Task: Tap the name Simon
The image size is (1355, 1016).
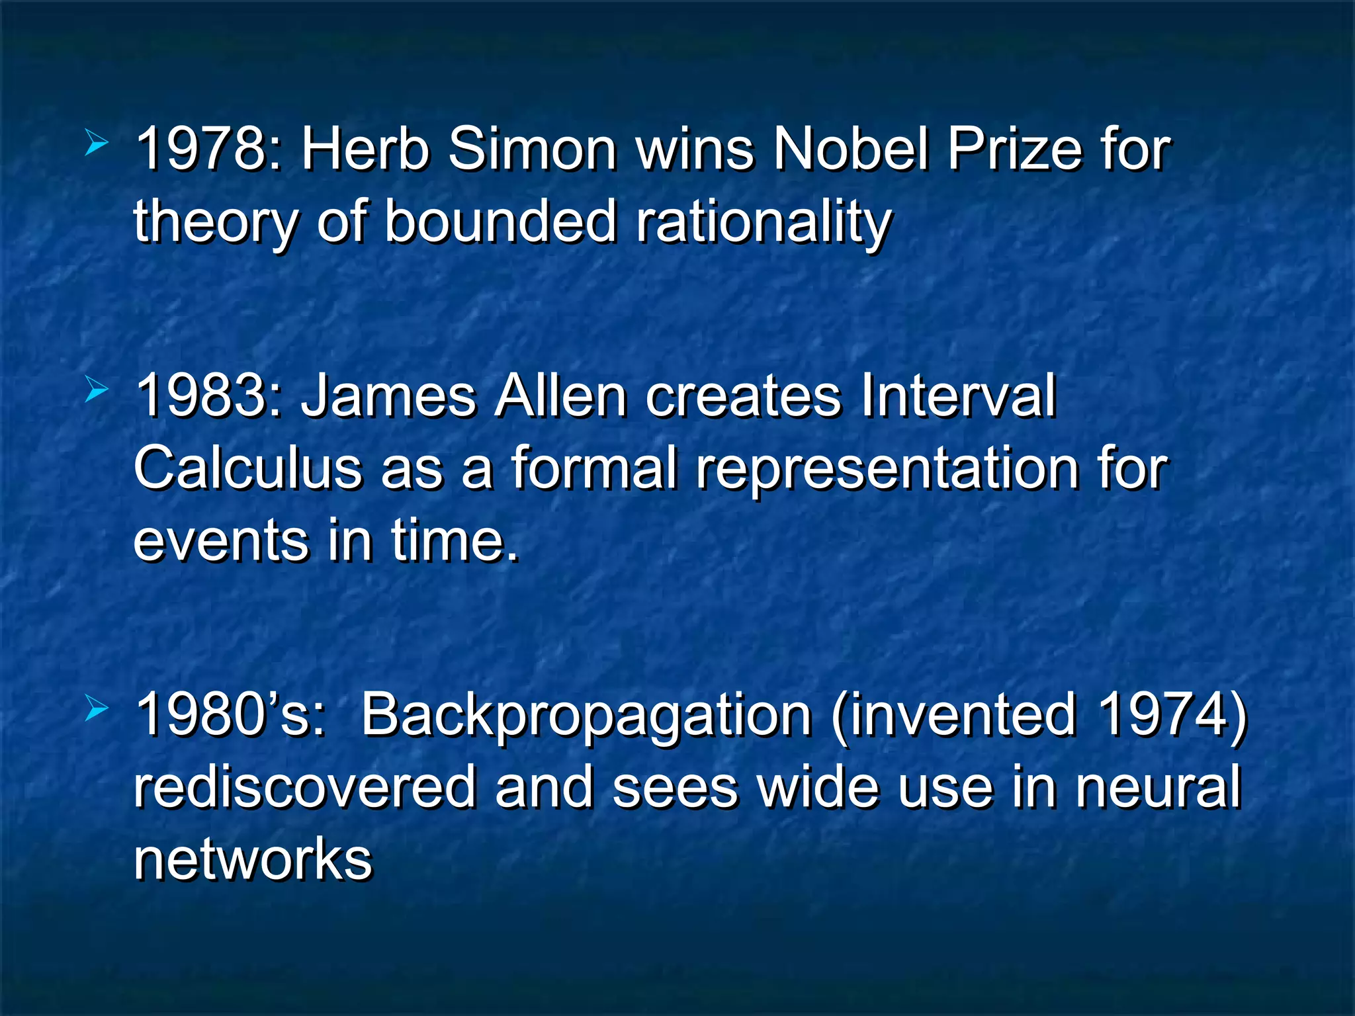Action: pos(533,149)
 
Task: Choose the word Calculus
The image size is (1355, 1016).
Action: pos(248,468)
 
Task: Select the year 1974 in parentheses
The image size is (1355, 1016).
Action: pos(1161,714)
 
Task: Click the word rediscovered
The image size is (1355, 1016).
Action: pos(304,787)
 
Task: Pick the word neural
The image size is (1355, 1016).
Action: pos(1158,787)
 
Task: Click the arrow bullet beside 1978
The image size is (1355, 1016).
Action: pos(97,144)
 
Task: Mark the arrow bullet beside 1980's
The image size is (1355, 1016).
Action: pos(97,710)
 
